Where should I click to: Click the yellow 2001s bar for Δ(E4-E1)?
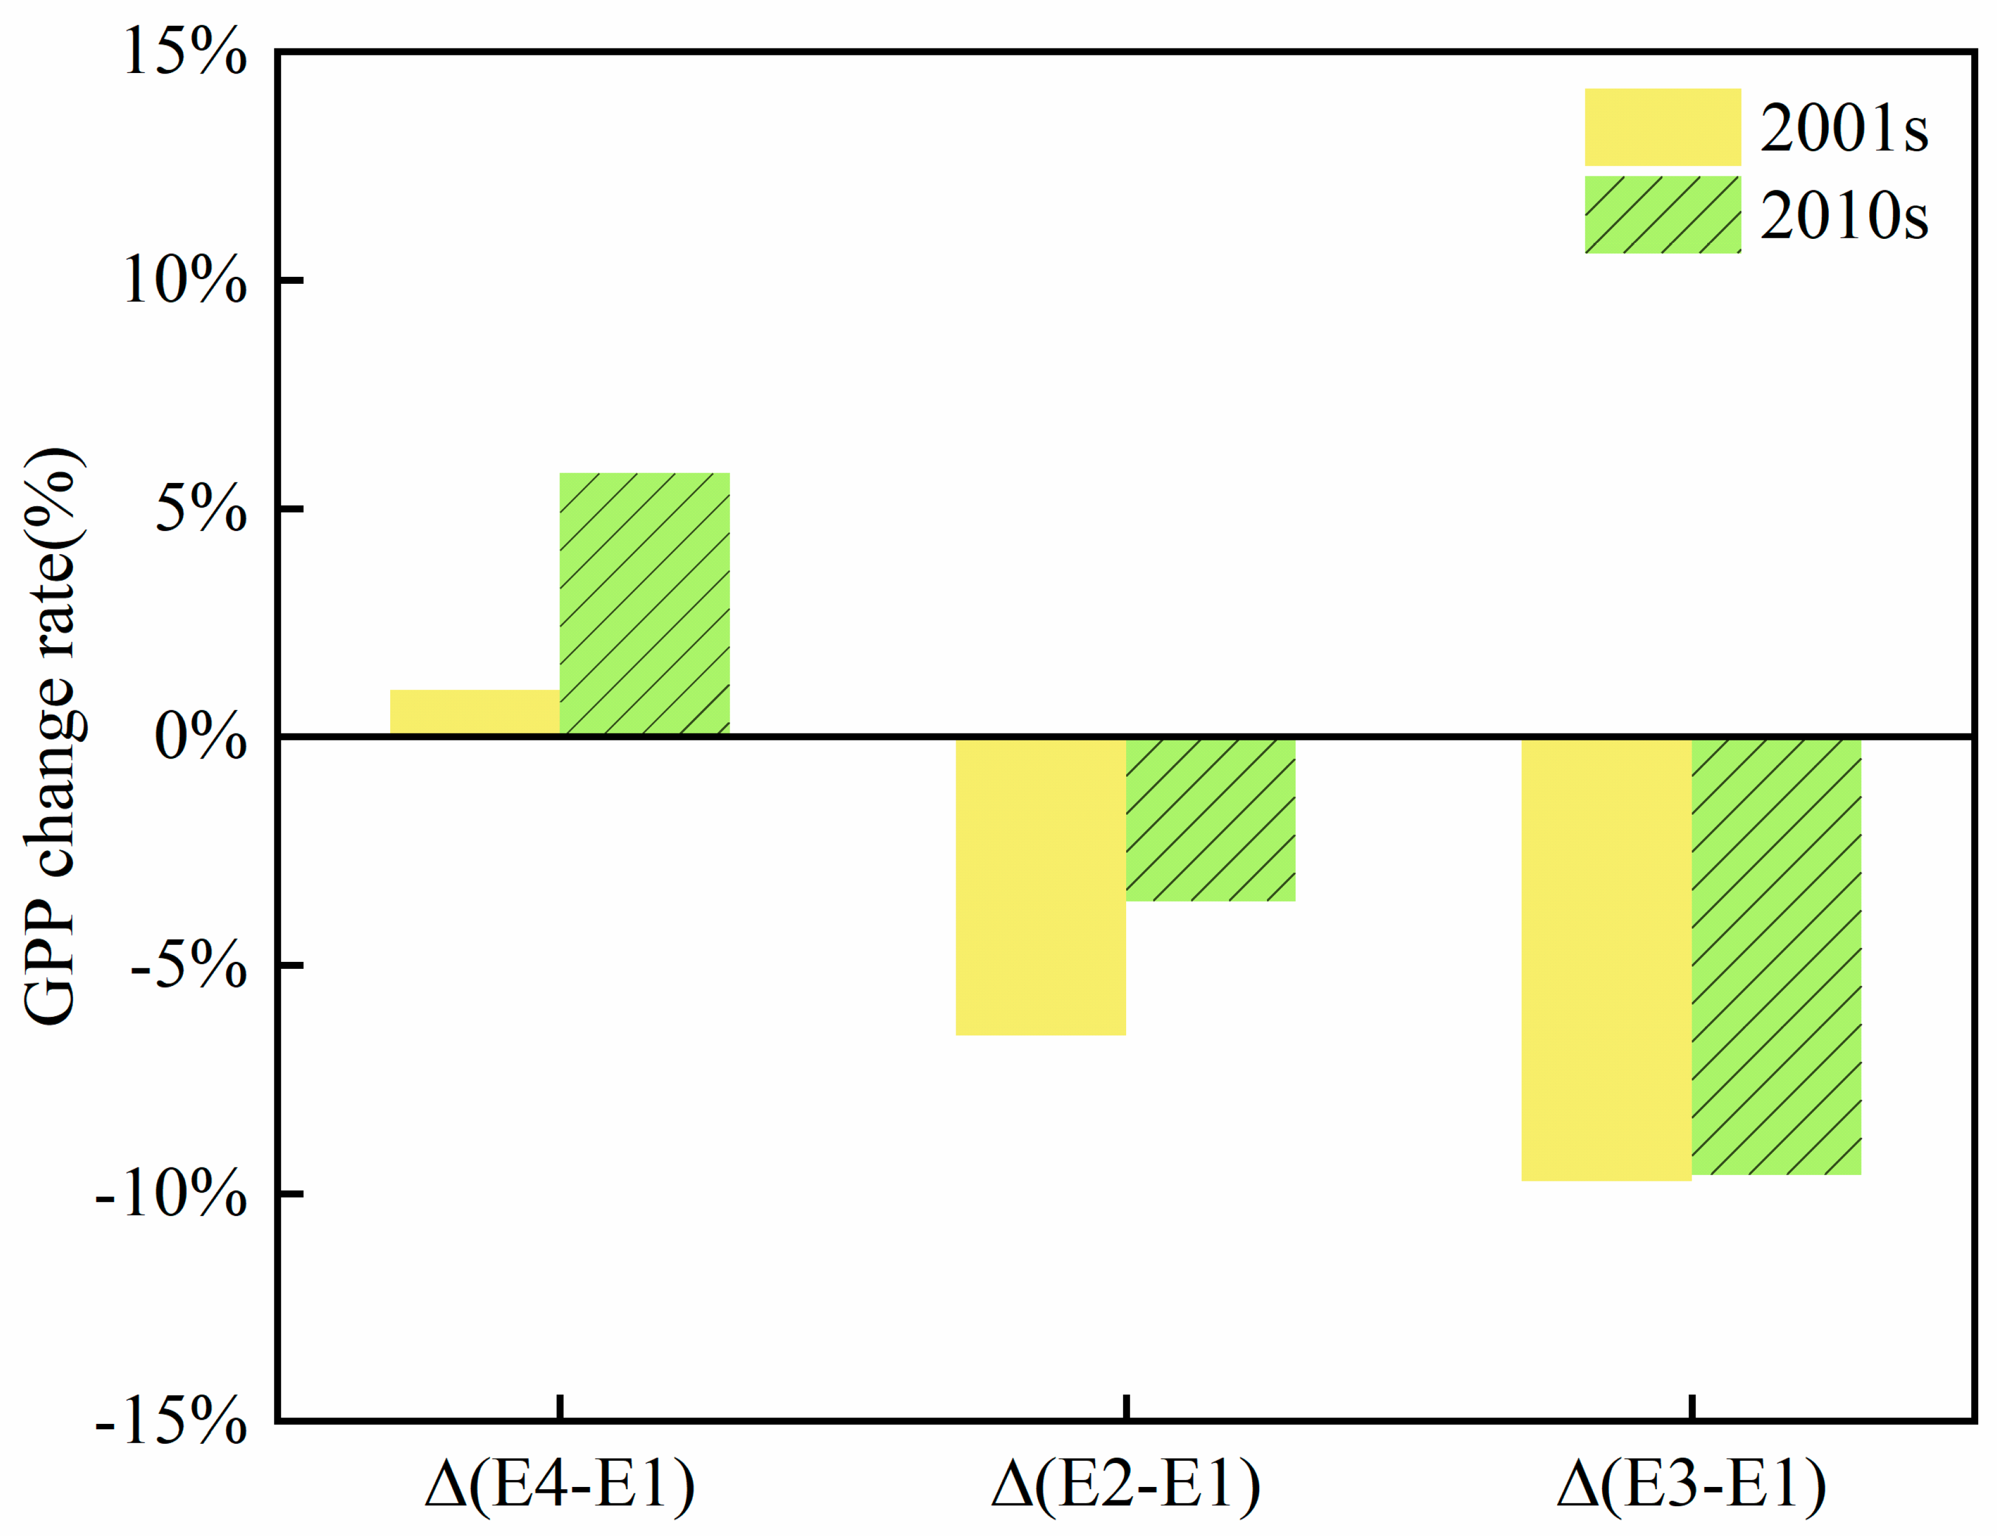pyautogui.click(x=474, y=713)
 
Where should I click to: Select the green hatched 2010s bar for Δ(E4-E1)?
pyautogui.click(x=645, y=603)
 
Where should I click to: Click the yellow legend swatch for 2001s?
pyautogui.click(x=1662, y=127)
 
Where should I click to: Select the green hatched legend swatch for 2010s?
pyautogui.click(x=1662, y=215)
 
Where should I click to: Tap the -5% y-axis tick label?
pyautogui.click(x=188, y=965)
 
